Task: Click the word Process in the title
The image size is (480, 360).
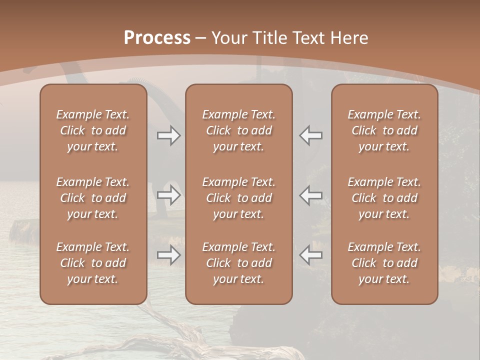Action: coord(157,38)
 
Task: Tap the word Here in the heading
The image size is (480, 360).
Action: coord(349,38)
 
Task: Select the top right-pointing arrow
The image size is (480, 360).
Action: coord(168,135)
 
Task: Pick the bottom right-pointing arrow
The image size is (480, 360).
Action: coord(168,255)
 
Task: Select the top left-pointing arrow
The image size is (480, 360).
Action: coord(311,135)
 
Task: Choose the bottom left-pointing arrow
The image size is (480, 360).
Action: coord(311,255)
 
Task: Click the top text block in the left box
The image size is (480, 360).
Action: coord(93,130)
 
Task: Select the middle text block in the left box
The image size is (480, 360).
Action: coord(93,198)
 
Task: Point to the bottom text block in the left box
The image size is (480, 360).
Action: coord(93,263)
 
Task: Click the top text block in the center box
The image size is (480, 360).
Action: coord(238,130)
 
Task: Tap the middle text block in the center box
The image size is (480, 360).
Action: coord(238,198)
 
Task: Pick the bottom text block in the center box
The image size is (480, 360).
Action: coord(238,263)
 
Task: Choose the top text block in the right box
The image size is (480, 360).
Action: coord(384,130)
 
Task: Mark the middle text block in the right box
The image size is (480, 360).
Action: coord(384,198)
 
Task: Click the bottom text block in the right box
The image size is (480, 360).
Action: coord(384,263)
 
